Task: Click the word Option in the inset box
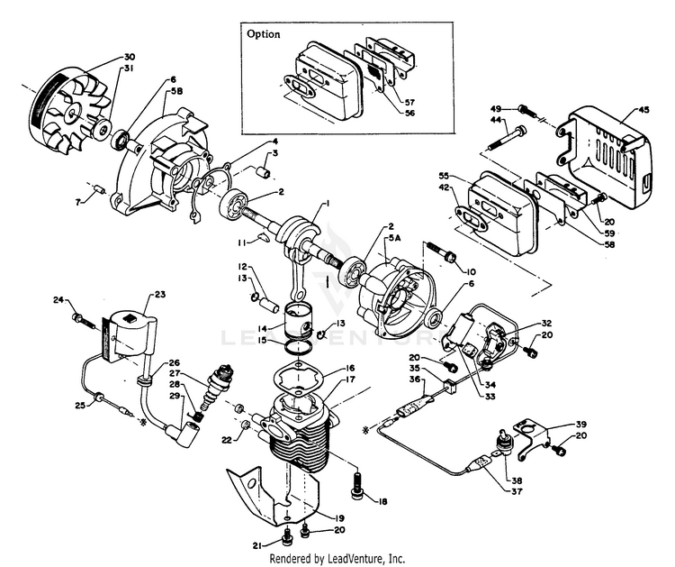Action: click(x=264, y=34)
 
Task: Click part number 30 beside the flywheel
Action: click(x=130, y=56)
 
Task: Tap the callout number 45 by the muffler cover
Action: click(x=643, y=111)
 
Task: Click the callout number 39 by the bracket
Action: click(x=581, y=424)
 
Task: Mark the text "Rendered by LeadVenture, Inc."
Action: click(x=338, y=558)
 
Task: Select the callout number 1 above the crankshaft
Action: click(x=325, y=204)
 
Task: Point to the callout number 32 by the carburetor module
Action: click(x=547, y=323)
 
